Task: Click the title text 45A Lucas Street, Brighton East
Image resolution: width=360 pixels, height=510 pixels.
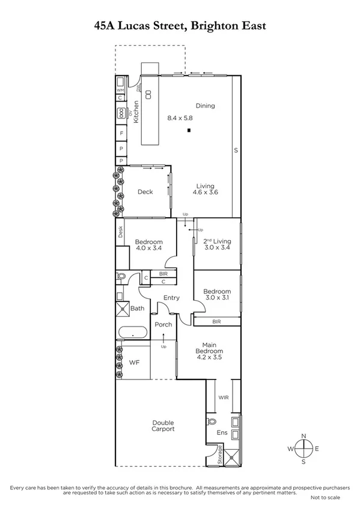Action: [x=180, y=25]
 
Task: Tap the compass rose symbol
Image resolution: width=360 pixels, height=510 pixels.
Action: [x=305, y=448]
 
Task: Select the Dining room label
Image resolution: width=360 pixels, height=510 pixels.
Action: [x=204, y=106]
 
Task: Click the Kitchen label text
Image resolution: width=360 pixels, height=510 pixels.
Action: [x=136, y=111]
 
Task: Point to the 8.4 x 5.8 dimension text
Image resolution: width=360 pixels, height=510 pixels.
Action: [x=180, y=118]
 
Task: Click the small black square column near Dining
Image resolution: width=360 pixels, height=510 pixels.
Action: [x=189, y=131]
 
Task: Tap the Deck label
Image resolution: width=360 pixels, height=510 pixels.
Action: [x=145, y=192]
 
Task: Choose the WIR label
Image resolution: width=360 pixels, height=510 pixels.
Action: [x=223, y=398]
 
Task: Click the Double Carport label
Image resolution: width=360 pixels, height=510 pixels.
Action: [x=163, y=426]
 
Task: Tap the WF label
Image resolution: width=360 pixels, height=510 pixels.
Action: [x=135, y=363]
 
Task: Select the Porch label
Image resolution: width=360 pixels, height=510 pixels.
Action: [x=163, y=324]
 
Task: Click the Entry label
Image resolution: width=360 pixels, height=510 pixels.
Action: [x=171, y=298]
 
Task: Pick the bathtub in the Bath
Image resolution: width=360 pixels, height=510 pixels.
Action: [x=132, y=333]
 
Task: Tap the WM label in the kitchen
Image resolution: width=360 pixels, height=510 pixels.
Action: [x=120, y=90]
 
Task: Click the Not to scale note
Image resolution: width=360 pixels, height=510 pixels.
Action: [x=325, y=498]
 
